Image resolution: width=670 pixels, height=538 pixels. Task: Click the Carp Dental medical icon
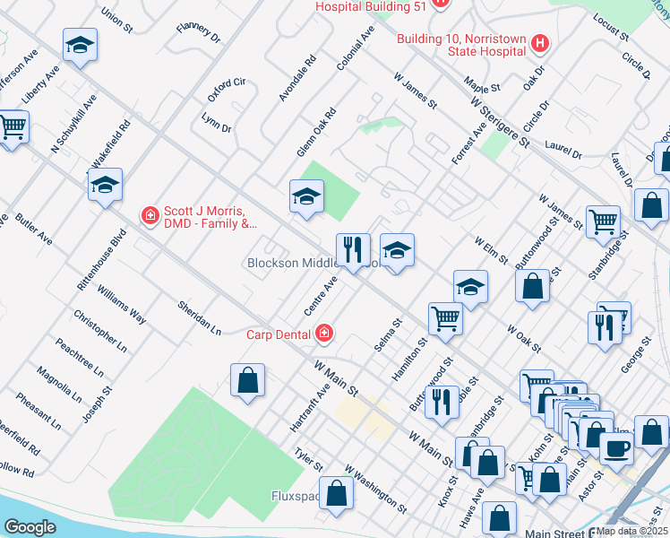coord(323,334)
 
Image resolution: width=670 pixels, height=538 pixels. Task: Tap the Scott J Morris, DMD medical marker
coord(150,215)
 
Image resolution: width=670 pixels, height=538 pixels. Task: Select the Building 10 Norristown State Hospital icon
coord(539,43)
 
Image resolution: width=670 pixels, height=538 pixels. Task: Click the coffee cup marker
coord(616,447)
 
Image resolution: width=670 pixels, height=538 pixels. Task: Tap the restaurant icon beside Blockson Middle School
coord(353,247)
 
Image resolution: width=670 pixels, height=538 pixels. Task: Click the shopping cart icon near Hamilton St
coord(445,319)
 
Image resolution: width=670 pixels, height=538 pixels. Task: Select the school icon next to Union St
coord(80,45)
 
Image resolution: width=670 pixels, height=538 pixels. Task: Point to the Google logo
coord(30,527)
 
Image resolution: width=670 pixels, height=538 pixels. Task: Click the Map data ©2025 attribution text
coord(631,531)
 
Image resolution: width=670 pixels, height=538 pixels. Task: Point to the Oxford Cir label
coord(226,89)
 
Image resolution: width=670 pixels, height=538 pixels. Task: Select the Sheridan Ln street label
coord(199,317)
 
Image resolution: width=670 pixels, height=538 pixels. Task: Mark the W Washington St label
coord(375,489)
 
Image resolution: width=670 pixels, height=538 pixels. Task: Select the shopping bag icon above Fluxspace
coord(335,494)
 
